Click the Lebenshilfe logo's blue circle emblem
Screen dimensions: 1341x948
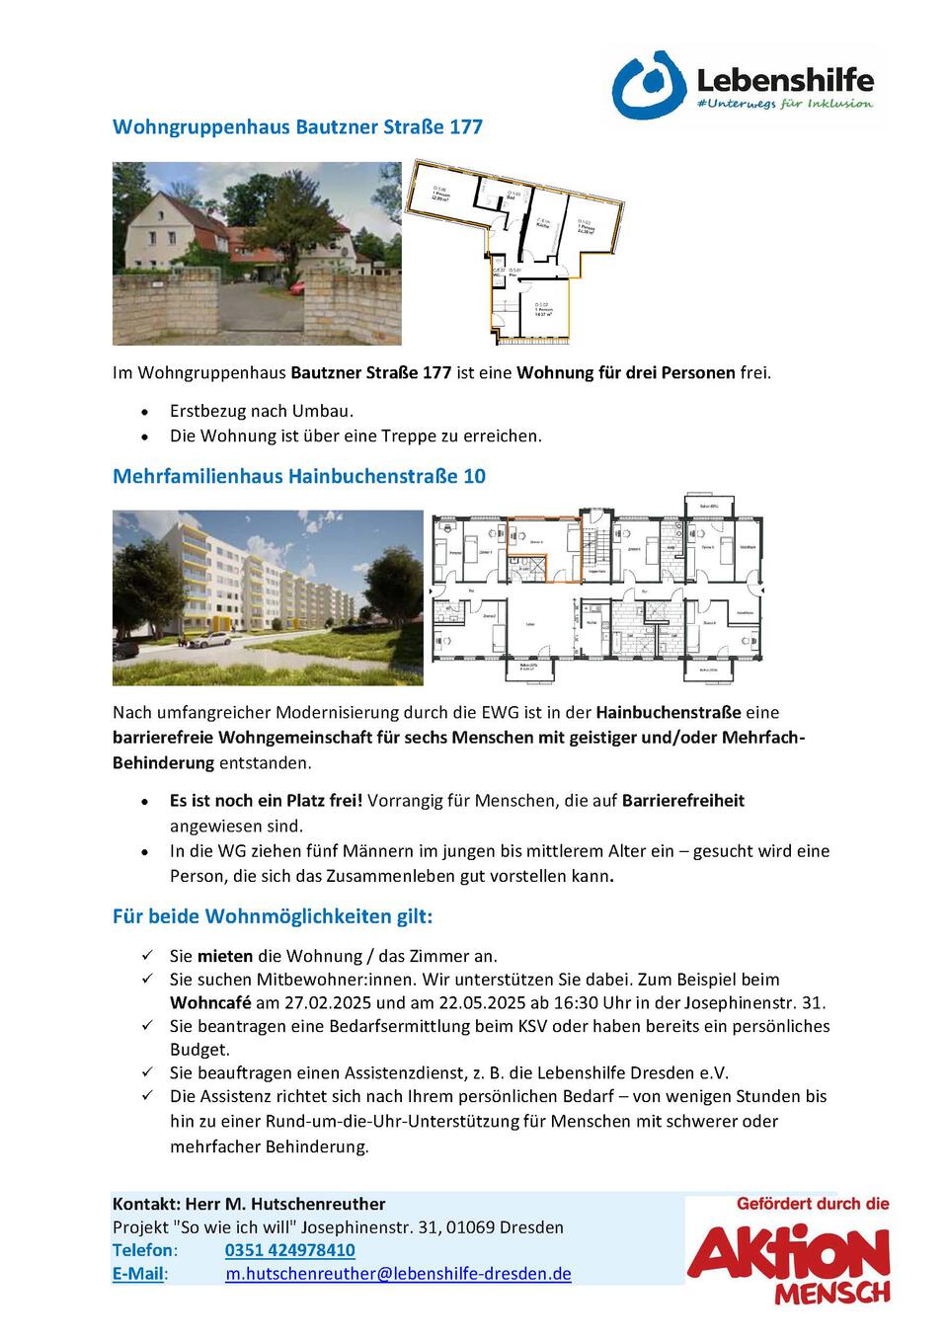tap(648, 86)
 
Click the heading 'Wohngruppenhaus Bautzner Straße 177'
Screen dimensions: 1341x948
tap(297, 126)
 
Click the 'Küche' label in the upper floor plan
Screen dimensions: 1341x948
tap(542, 224)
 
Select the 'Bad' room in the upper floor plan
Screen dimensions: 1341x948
tap(512, 197)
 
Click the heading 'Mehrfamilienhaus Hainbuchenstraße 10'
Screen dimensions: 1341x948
tap(299, 476)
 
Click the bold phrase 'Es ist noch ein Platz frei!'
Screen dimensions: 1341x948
tap(267, 800)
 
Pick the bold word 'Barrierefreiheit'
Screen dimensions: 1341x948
tap(682, 800)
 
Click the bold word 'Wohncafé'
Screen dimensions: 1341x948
tap(210, 1002)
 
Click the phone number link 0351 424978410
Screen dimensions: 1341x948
tap(289, 1250)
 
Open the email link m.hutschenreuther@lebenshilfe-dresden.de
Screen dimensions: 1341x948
tap(398, 1274)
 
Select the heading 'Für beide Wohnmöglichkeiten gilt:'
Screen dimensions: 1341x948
tap(273, 916)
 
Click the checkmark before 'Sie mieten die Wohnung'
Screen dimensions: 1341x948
tap(147, 956)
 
